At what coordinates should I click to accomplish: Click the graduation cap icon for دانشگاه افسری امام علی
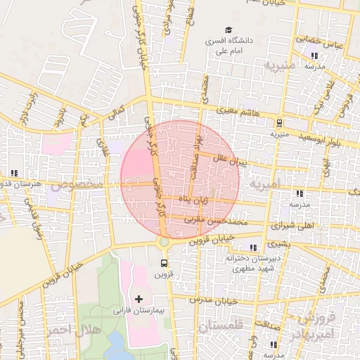[x=227, y=30]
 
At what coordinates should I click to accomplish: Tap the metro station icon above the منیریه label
[x=279, y=122]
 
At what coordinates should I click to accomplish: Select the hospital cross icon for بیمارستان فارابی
[x=139, y=299]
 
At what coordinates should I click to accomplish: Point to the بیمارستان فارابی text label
[x=138, y=310]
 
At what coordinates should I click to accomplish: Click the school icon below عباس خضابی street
[x=314, y=55]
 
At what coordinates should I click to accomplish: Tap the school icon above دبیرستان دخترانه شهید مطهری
[x=253, y=247]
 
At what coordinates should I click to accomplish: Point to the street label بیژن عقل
[x=232, y=162]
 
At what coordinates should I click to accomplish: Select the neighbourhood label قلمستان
[x=219, y=327]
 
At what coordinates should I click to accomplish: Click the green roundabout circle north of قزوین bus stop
[x=164, y=242]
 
